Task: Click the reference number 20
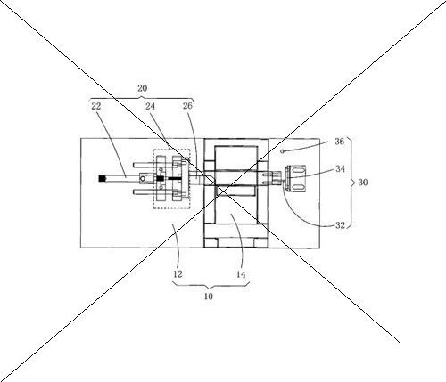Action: [142, 88]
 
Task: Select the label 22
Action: [96, 106]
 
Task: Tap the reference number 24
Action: [150, 106]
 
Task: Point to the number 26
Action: [187, 106]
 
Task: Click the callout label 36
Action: [340, 142]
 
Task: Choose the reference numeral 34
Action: [341, 168]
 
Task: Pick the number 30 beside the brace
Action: [363, 183]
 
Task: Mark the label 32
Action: [340, 225]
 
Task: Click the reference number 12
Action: [178, 274]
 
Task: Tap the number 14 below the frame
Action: [241, 274]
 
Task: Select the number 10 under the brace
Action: [209, 297]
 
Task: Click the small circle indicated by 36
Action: [283, 151]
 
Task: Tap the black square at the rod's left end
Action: [103, 178]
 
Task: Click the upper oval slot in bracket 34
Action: [298, 169]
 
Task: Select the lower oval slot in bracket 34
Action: [298, 187]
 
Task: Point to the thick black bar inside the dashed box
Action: [175, 178]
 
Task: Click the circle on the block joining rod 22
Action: [143, 178]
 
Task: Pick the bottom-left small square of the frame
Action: [211, 243]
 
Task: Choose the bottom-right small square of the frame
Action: [260, 243]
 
